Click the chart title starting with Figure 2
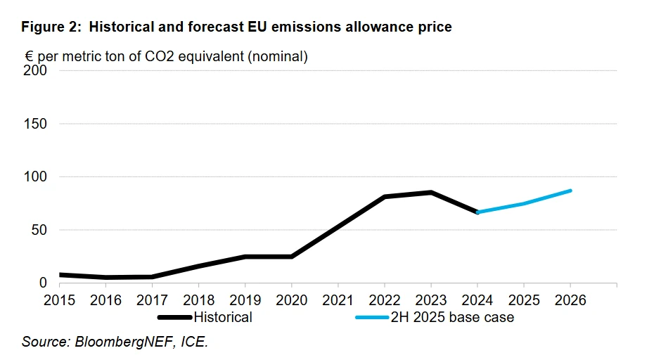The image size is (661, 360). [x=236, y=27]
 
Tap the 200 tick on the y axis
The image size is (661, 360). [x=36, y=70]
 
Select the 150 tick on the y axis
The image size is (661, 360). [x=36, y=124]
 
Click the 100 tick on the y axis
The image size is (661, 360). [x=36, y=176]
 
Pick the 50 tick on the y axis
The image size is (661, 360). [x=39, y=230]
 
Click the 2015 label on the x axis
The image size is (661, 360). [x=59, y=300]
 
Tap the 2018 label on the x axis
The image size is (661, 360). [x=198, y=300]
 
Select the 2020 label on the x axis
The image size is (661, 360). [x=292, y=300]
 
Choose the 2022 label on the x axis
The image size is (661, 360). [x=385, y=300]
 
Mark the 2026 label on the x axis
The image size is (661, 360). [x=570, y=300]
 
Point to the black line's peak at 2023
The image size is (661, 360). [x=431, y=192]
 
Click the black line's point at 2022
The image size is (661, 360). [x=385, y=197]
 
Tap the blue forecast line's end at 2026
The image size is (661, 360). [x=570, y=191]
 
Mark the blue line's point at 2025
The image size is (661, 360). [x=524, y=204]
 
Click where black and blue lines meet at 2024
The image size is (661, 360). [x=477, y=212]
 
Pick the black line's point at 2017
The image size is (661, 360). [x=152, y=277]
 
